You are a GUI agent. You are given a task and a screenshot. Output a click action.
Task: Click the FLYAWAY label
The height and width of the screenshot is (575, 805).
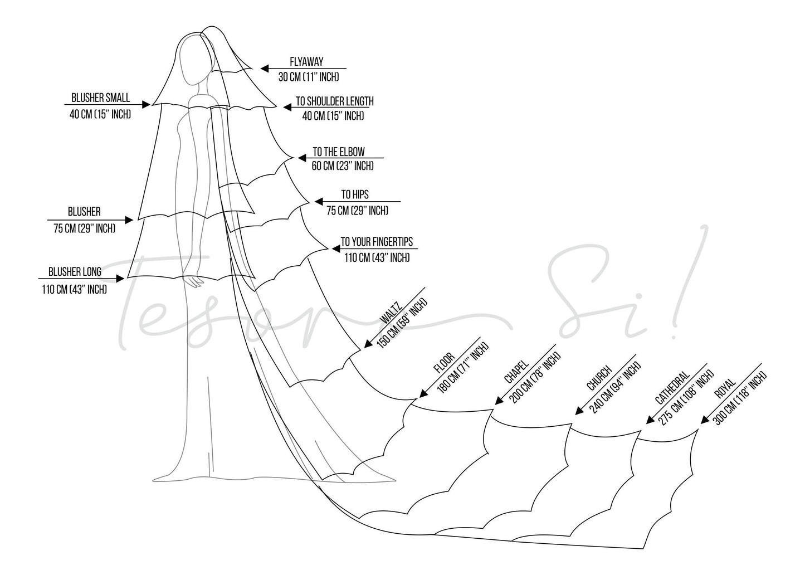pos(306,62)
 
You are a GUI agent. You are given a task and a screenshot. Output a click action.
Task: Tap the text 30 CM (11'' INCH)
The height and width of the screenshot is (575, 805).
pos(308,77)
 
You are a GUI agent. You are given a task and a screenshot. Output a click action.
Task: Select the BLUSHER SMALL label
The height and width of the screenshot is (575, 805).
pos(100,98)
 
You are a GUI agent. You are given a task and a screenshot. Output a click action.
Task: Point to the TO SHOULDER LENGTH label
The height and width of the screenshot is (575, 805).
pos(334,101)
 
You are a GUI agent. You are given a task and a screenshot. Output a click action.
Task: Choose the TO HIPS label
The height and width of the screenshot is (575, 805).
pos(355,194)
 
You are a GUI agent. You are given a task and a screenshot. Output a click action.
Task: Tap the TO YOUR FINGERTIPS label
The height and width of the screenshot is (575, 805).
pos(377,242)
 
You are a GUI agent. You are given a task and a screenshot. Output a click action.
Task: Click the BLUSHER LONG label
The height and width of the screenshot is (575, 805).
pos(75,272)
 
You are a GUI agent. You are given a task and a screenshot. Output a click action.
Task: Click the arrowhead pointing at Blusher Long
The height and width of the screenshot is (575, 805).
pos(120,278)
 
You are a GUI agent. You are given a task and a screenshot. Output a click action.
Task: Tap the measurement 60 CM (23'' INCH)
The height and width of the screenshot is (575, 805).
pos(343,166)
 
